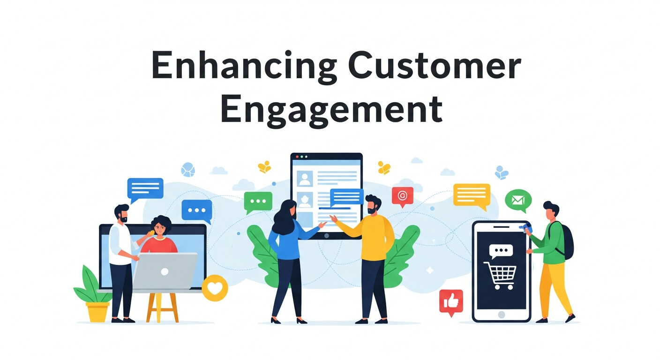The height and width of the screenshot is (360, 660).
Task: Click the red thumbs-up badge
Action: (x=451, y=301)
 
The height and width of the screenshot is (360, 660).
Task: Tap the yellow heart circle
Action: (x=215, y=288)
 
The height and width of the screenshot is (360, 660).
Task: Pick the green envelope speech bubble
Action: (x=518, y=201)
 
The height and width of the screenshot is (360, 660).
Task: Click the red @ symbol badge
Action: (x=402, y=196)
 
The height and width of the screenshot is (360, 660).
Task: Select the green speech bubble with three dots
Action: (x=258, y=202)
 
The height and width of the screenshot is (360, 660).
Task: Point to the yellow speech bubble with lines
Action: (x=472, y=195)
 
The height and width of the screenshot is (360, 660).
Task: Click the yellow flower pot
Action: (x=98, y=311)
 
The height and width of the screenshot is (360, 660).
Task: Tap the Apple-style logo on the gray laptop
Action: (x=165, y=271)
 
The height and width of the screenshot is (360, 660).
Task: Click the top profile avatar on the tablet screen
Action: (x=305, y=178)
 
